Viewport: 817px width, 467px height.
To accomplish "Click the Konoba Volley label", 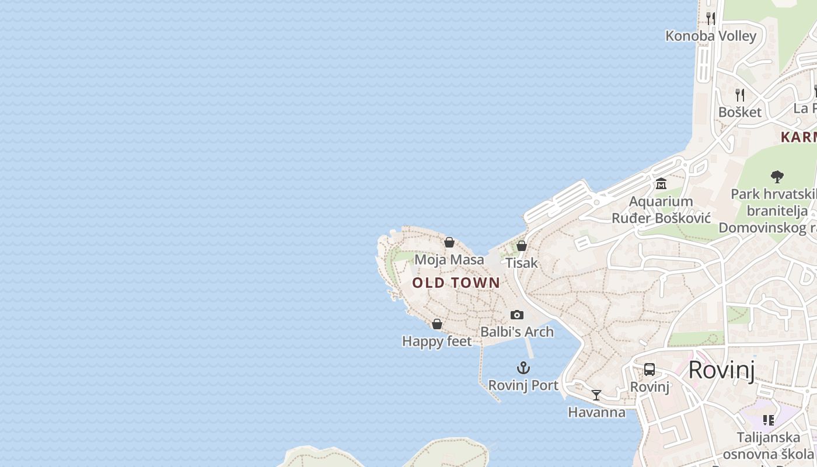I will (711, 36).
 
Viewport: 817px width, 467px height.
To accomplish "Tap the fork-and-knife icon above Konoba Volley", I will (711, 18).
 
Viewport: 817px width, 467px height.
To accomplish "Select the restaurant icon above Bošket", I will (740, 95).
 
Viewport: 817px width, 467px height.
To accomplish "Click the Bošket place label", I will (740, 112).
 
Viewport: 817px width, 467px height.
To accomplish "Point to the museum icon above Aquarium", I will (661, 184).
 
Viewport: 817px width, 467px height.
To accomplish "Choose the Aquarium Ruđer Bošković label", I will (661, 210).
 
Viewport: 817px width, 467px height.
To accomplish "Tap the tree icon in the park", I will (777, 176).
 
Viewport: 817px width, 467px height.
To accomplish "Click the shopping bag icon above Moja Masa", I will (449, 242).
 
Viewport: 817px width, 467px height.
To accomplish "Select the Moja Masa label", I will (449, 259).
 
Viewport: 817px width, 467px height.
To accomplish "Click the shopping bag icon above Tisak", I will (522, 246).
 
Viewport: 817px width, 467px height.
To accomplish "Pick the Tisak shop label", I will (522, 263).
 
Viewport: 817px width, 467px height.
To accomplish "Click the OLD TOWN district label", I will (456, 283).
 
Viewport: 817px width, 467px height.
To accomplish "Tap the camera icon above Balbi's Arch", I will (517, 315).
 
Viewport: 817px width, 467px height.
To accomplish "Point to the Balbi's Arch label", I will (517, 332).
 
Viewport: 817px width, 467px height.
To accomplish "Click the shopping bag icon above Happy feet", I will (437, 324).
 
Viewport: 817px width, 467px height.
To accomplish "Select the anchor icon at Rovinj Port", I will (523, 368).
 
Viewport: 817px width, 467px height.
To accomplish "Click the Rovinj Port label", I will (523, 385).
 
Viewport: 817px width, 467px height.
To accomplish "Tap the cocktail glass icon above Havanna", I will (596, 395).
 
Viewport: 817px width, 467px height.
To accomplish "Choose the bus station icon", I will (650, 369).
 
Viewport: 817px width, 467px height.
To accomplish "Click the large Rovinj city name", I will (722, 370).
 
